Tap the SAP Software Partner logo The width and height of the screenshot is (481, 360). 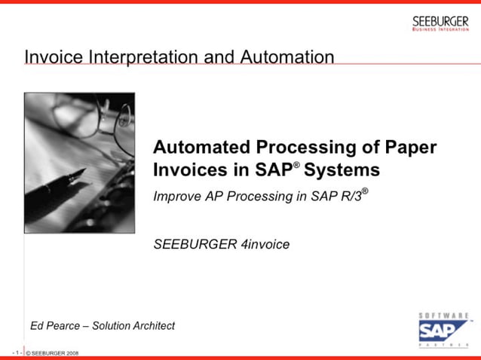point(443,330)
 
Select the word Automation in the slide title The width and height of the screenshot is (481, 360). point(288,56)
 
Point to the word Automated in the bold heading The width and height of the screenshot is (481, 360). point(199,147)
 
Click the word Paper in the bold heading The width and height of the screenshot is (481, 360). point(411,147)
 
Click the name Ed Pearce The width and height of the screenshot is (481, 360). point(53,326)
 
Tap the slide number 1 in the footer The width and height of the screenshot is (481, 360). point(16,352)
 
